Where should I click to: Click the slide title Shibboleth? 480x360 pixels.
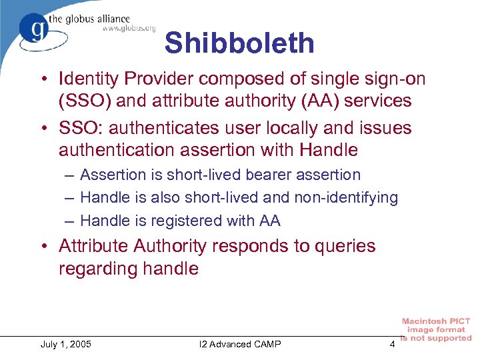pos(239,43)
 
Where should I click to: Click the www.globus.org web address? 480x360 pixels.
pos(129,28)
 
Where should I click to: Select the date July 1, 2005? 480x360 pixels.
pos(66,344)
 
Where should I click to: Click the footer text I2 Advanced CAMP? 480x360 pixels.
pos(240,344)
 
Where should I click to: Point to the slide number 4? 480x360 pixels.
pos(392,344)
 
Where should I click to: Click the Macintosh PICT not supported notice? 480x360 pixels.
pos(437,330)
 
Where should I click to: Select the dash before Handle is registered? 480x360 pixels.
pos(70,220)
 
